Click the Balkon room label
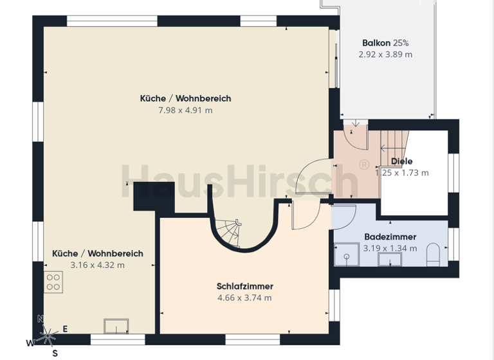tap(376, 43)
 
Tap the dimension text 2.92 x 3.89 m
tap(385, 55)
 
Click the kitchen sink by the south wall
tap(116, 326)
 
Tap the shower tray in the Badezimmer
tap(347, 255)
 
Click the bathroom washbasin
tap(389, 259)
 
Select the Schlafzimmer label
tap(244, 286)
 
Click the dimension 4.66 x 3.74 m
tap(244, 298)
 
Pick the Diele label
tap(402, 161)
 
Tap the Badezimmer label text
tap(390, 237)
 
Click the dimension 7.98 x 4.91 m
tap(185, 110)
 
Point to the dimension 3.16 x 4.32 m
tap(97, 265)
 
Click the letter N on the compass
tap(41, 319)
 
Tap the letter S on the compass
tap(55, 353)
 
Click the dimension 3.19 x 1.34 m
tap(390, 248)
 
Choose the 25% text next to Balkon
tap(401, 43)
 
